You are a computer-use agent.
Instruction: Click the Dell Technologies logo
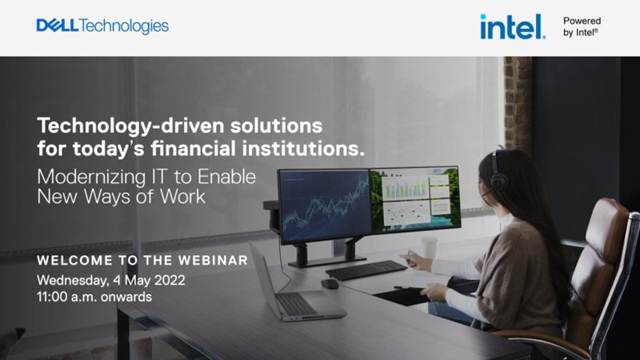(102, 26)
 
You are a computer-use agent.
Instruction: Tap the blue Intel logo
(513, 27)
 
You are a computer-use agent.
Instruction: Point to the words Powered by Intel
(582, 26)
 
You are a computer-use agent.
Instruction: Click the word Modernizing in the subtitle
(91, 178)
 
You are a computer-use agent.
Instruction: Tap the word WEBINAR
(213, 261)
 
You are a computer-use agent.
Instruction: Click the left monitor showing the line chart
(324, 206)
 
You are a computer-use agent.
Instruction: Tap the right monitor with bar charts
(415, 198)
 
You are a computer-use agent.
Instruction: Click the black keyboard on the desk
(366, 270)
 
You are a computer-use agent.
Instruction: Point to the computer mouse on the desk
(330, 284)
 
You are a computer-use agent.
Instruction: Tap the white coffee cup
(429, 247)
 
